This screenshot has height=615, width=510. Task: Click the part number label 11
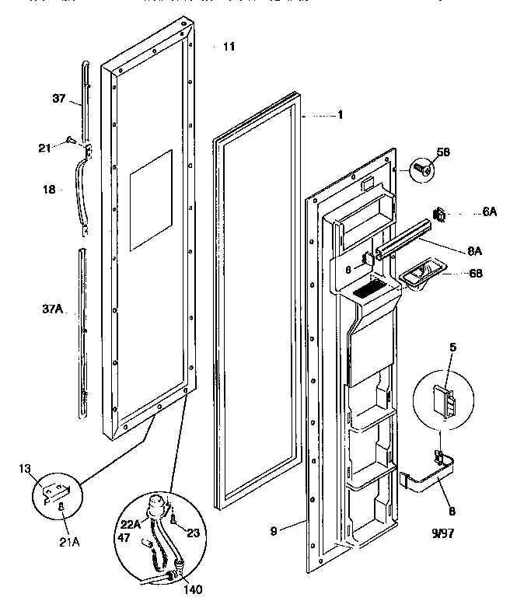click(x=228, y=48)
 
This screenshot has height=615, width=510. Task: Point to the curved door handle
click(x=82, y=190)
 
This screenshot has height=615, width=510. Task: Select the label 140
click(x=192, y=589)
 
